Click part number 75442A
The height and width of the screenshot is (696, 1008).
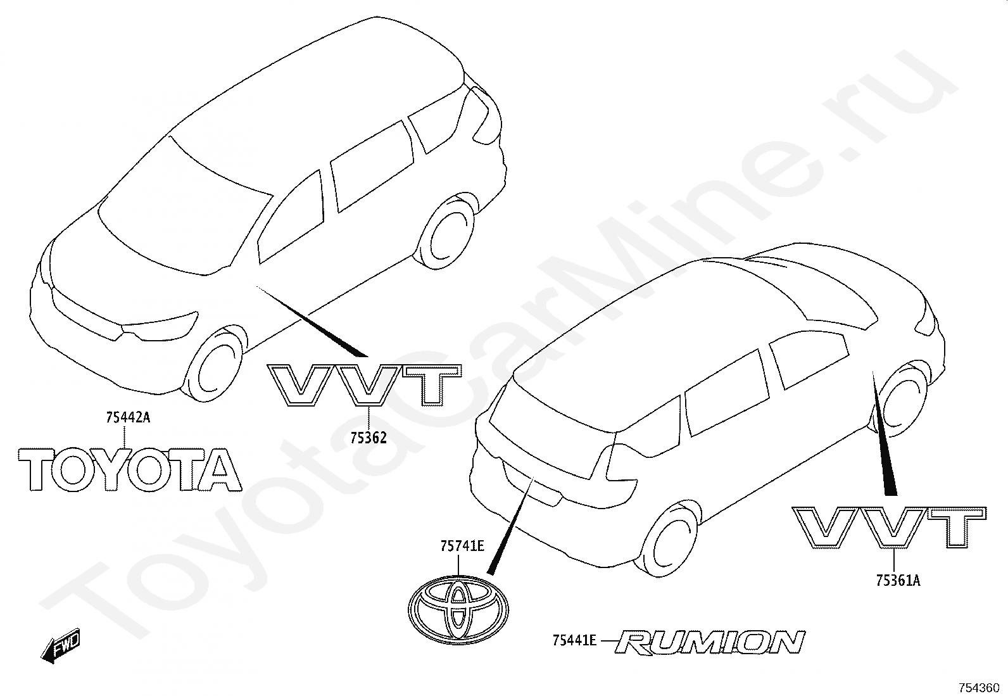128,417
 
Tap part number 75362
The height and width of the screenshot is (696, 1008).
367,437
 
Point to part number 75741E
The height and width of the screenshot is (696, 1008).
462,546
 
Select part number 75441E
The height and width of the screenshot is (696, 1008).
574,641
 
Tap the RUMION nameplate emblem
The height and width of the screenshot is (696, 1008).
710,642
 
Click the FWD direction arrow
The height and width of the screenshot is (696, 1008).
60,645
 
